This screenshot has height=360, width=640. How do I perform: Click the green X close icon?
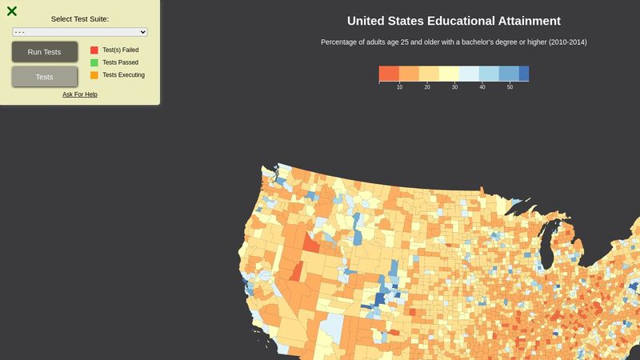[12, 11]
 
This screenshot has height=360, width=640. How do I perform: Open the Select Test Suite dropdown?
[80, 32]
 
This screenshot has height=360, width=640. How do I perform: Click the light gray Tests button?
[45, 77]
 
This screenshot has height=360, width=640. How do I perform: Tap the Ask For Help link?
[80, 94]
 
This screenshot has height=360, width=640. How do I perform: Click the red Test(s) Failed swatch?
[94, 50]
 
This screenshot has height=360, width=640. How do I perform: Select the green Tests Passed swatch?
[94, 62]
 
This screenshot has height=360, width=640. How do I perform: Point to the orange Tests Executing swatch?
[94, 75]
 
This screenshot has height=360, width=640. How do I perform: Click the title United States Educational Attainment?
[454, 21]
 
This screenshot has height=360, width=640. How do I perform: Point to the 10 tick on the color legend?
[399, 86]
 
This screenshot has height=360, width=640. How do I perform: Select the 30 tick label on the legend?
[454, 86]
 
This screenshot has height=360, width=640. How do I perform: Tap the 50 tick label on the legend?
[510, 86]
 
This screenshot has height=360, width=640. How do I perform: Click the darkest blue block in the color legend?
[523, 74]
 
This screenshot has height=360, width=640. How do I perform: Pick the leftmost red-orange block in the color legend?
[389, 74]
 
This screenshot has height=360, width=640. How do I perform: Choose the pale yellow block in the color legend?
[449, 74]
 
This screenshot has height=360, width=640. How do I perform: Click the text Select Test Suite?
[80, 18]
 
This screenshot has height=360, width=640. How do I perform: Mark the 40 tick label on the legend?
[482, 86]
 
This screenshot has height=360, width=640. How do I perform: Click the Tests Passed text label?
[121, 62]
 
